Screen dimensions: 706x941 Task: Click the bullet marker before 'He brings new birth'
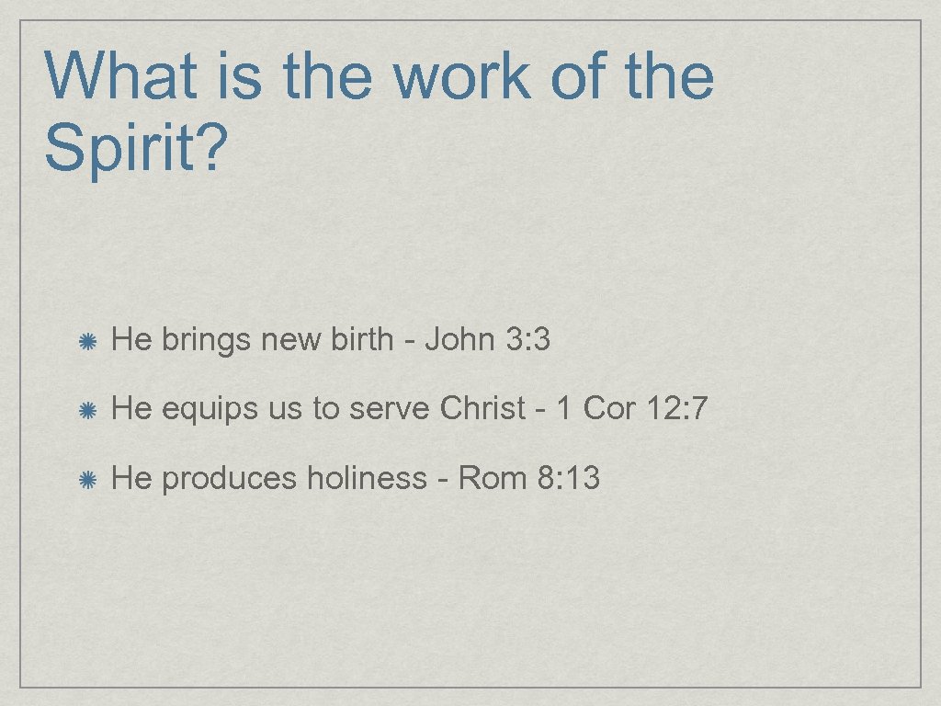click(x=88, y=342)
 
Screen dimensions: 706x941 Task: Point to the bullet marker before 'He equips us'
click(x=88, y=410)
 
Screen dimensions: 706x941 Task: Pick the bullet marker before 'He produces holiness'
click(x=88, y=479)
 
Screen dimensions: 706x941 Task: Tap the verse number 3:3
click(x=527, y=340)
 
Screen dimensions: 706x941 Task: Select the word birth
click(x=362, y=340)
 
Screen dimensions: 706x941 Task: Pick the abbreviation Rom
click(x=493, y=478)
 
